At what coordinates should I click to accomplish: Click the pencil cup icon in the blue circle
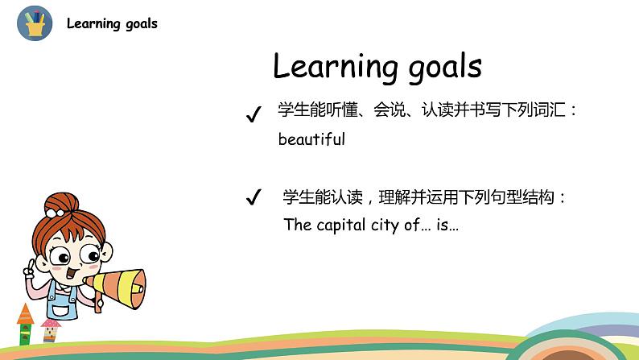(35, 23)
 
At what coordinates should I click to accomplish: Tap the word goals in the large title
(435, 66)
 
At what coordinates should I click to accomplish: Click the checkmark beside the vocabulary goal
(254, 116)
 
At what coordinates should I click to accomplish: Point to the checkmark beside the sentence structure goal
(254, 197)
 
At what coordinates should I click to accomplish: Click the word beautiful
(311, 139)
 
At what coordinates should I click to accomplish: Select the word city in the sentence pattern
(391, 225)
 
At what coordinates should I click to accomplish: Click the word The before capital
(297, 225)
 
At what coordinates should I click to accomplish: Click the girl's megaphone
(118, 283)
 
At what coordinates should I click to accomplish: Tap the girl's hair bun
(58, 201)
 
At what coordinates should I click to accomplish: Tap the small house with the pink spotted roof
(50, 328)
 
